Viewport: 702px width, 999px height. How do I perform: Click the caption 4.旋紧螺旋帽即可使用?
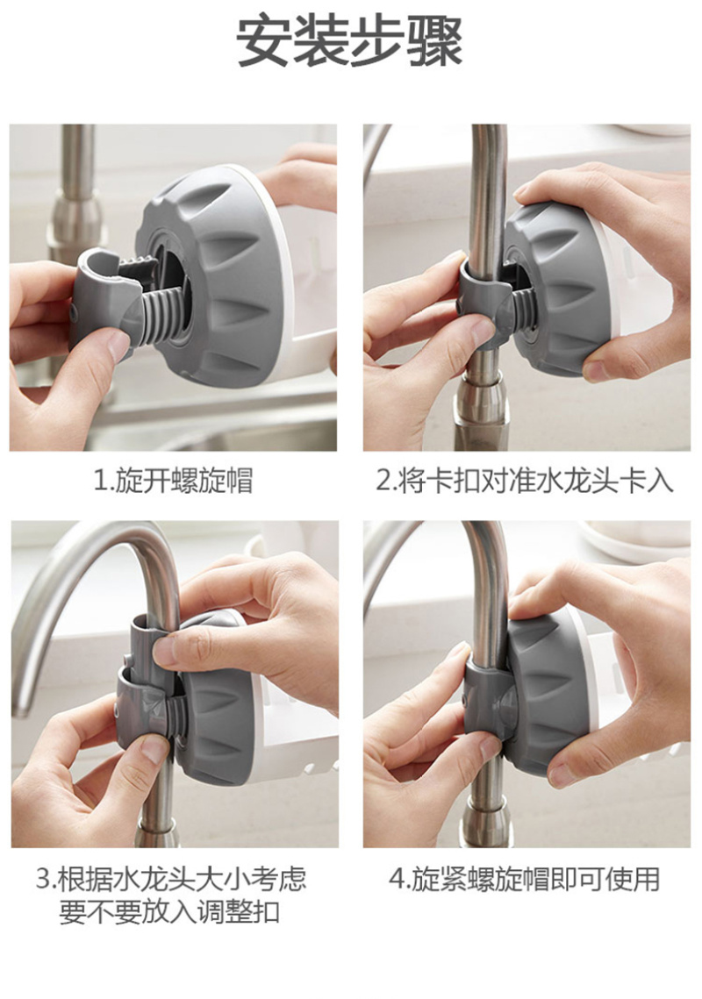coord(524,879)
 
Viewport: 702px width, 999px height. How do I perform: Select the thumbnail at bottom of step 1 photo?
coord(117,346)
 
